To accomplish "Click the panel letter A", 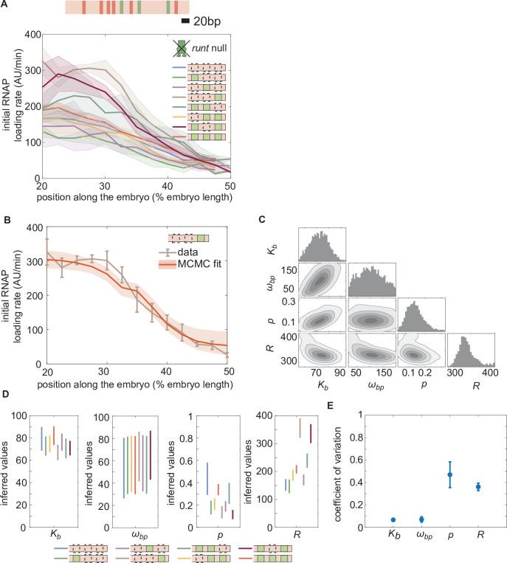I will click(6, 6).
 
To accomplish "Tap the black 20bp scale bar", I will click(185, 21).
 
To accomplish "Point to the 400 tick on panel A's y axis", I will click(30, 34).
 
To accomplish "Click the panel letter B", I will click(6, 219).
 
